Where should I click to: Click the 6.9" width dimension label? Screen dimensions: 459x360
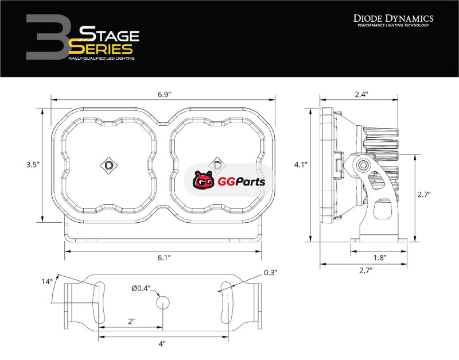164,95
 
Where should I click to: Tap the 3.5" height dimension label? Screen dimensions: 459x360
33,165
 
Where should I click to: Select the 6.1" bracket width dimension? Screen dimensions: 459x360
164,257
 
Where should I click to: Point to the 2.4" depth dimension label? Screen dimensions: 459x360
361,94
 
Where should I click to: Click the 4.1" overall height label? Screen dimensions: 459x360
301,165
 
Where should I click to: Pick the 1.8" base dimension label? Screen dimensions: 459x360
380,257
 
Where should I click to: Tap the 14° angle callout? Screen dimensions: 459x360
47,282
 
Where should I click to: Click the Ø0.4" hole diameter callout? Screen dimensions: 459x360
141,289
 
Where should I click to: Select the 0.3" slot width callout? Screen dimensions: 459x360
270,272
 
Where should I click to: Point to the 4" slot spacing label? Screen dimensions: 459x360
162,344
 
